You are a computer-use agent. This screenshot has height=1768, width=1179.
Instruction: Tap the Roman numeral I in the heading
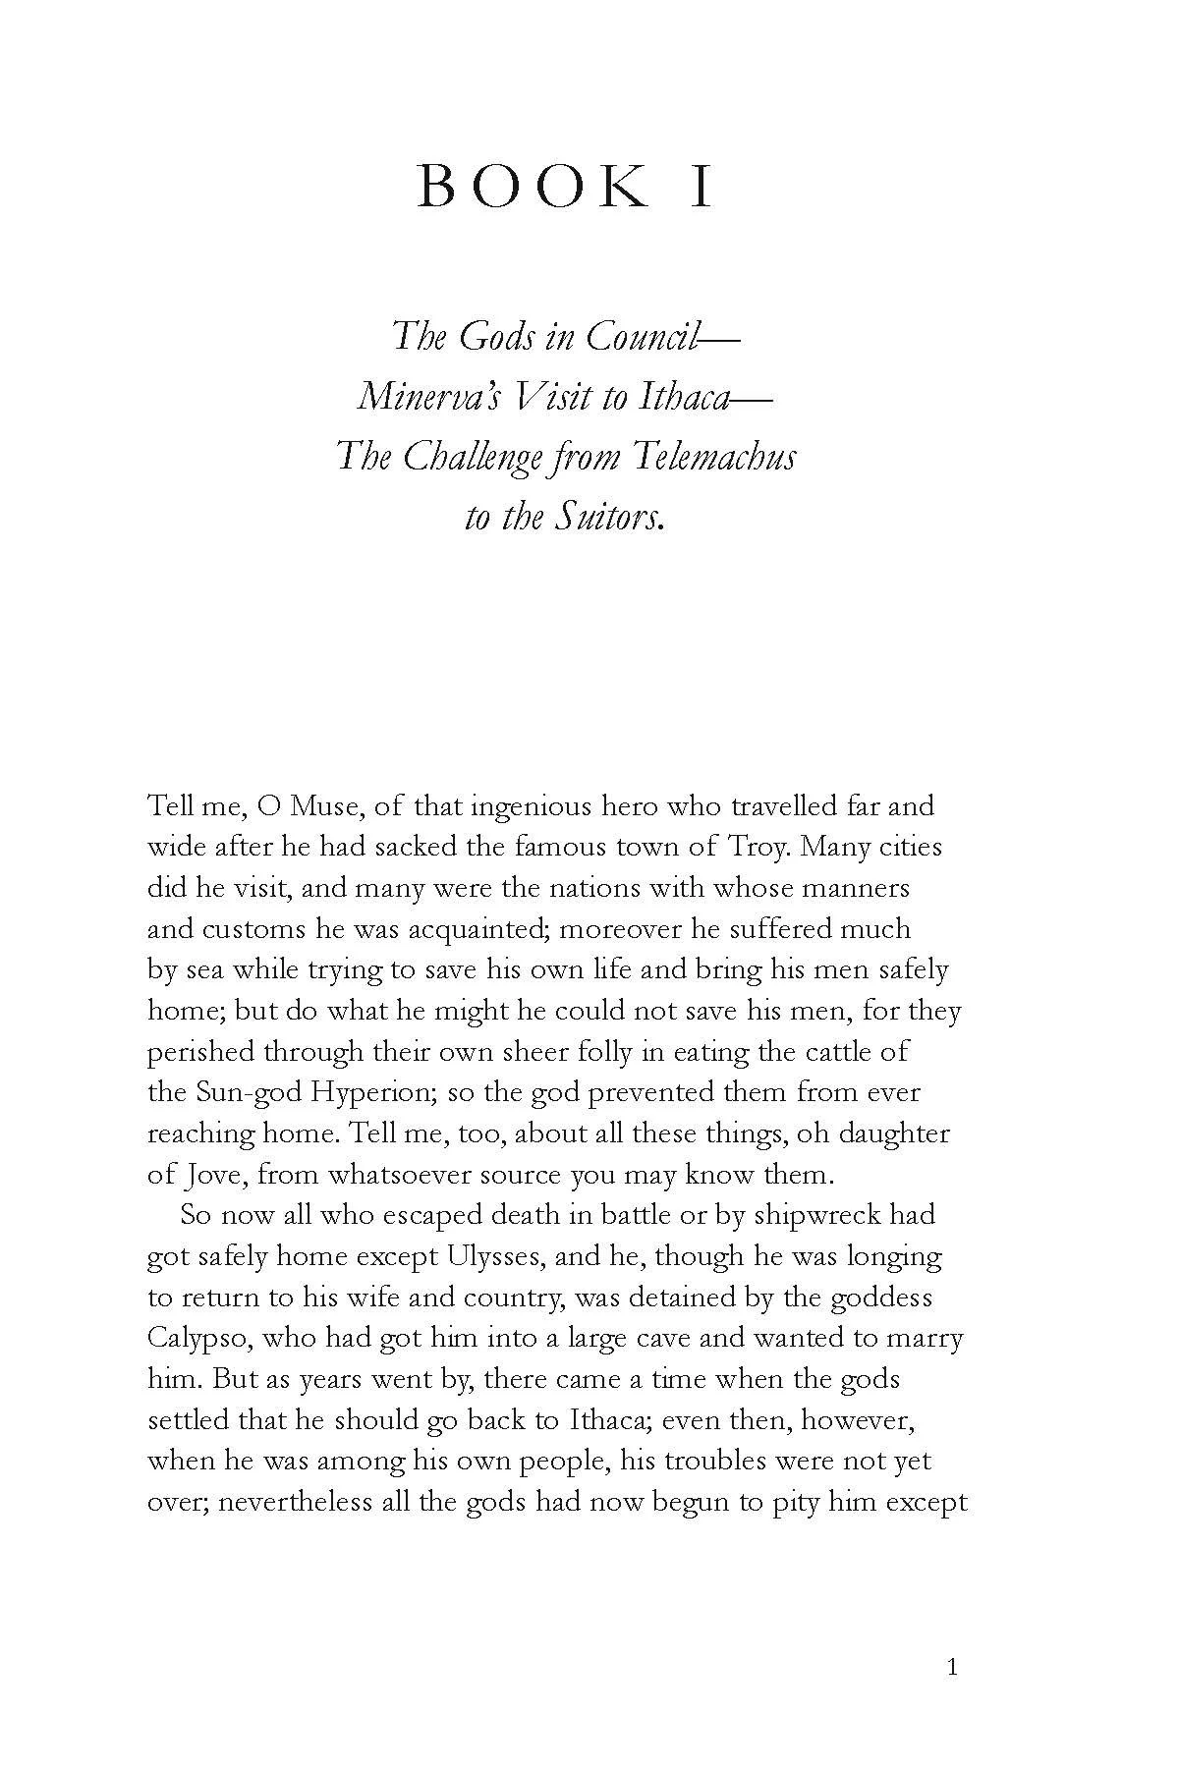[x=701, y=187]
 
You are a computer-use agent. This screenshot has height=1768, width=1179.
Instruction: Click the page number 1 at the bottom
[x=950, y=1667]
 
